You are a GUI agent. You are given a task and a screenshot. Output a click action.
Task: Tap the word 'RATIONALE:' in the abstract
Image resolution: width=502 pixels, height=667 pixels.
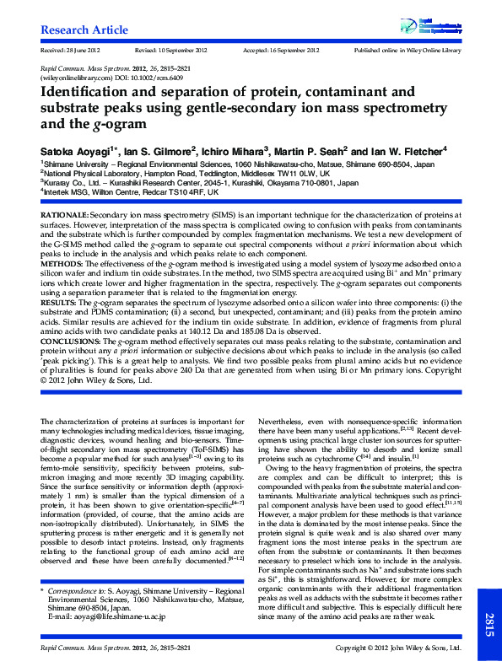[x=63, y=217]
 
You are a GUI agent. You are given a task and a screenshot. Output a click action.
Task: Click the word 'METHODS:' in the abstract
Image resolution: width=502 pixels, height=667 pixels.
[x=60, y=263]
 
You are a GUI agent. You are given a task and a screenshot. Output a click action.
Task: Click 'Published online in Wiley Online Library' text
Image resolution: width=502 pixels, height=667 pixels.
[x=408, y=51]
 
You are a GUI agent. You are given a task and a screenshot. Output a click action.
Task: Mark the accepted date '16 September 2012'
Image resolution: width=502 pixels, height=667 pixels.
[x=291, y=51]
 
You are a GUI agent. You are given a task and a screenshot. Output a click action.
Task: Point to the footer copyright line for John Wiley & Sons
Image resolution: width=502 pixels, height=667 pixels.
[x=397, y=648]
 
